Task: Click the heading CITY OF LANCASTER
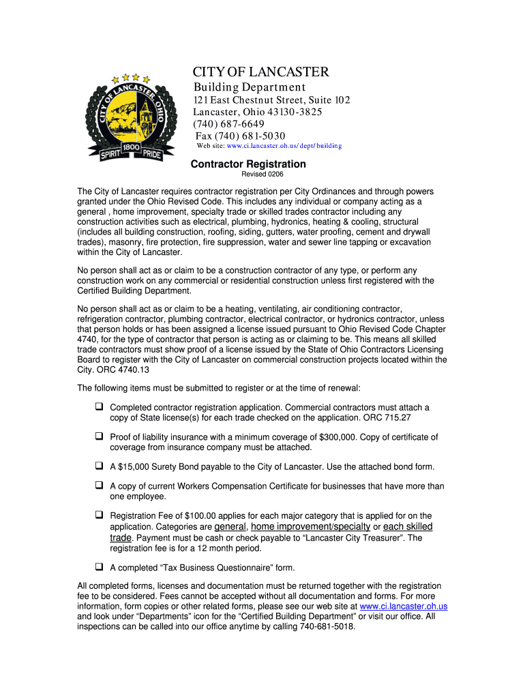click(x=260, y=72)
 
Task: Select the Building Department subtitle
click(x=250, y=87)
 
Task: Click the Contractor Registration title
click(x=248, y=164)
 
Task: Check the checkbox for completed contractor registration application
click(x=99, y=407)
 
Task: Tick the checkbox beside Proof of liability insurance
click(x=99, y=436)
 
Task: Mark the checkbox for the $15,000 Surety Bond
click(x=99, y=466)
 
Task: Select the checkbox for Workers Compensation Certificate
click(x=99, y=486)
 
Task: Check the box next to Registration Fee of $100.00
click(x=99, y=515)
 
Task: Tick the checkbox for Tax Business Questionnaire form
click(x=99, y=566)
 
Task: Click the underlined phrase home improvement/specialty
click(x=311, y=527)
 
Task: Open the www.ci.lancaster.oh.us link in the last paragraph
click(x=403, y=606)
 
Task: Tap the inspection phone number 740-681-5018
click(x=327, y=626)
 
